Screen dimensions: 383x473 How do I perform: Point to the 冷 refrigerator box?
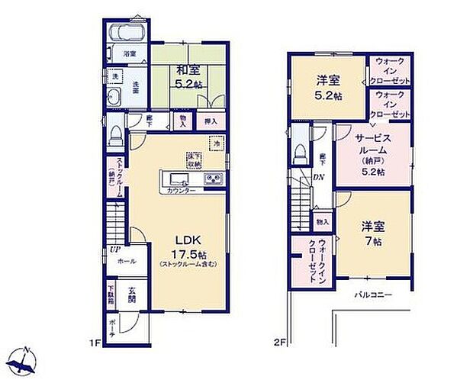coord(217,143)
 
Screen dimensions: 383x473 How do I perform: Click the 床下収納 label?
coord(191,160)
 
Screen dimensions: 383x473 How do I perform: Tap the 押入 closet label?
coord(210,121)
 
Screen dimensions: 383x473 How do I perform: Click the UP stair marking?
coord(113,249)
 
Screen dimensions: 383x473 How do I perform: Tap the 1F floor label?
coord(95,343)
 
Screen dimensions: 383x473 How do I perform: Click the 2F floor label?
coord(281,343)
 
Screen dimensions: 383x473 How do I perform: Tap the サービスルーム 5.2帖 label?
coord(373,154)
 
